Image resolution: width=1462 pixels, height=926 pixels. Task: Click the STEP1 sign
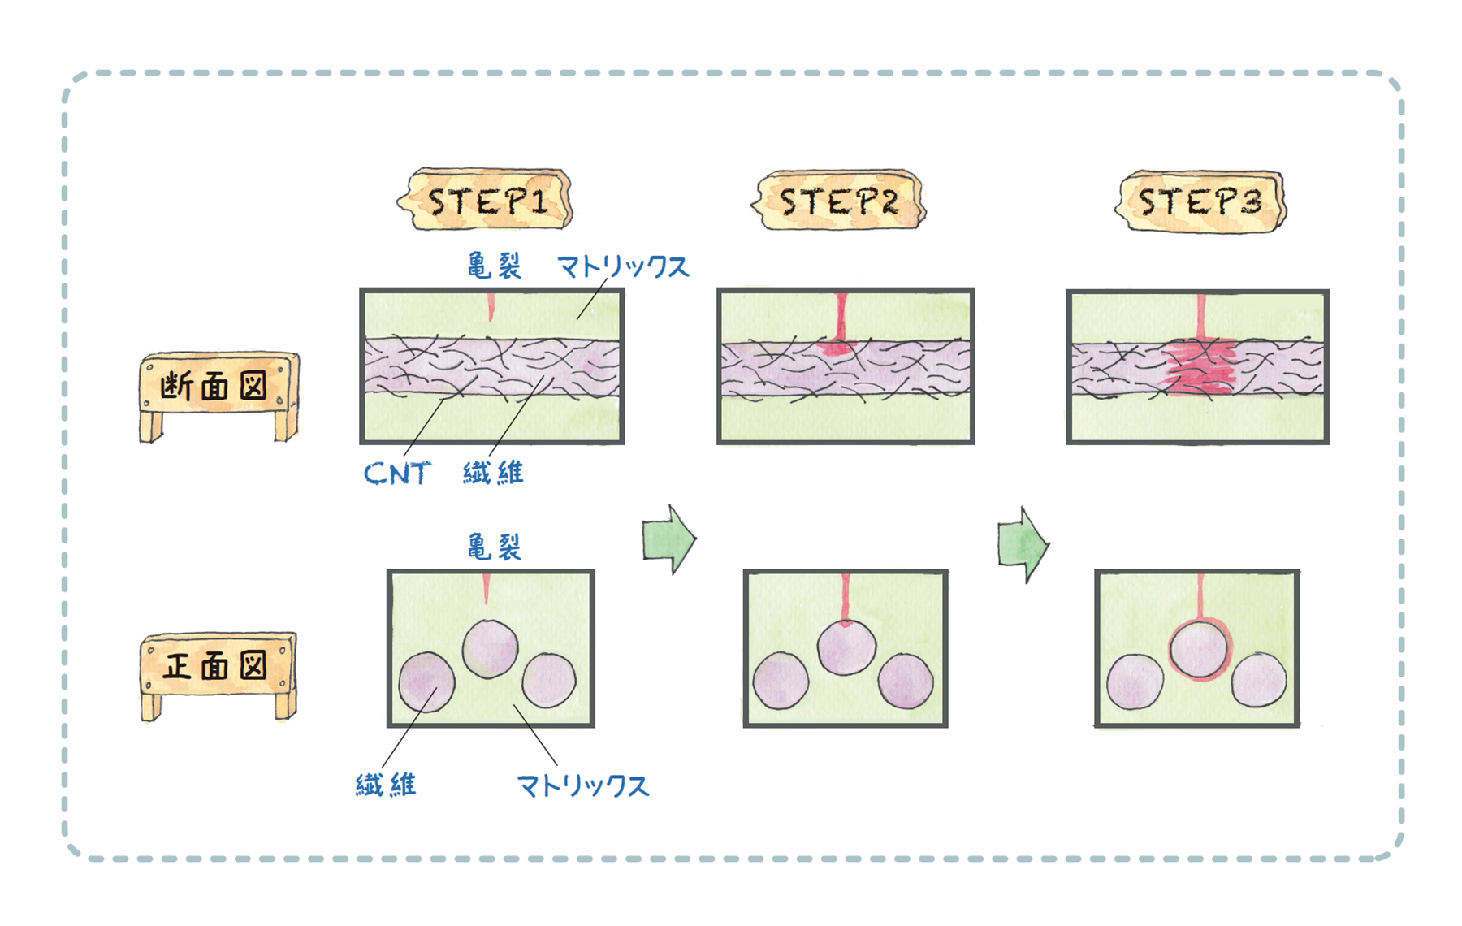[487, 200]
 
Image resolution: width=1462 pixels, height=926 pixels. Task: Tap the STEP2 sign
[840, 200]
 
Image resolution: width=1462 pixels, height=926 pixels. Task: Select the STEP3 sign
[1200, 201]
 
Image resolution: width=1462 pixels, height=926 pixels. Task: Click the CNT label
[396, 473]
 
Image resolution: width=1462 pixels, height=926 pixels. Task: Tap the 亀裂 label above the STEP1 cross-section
[494, 266]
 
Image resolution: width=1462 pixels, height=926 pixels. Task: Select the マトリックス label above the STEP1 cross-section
[623, 266]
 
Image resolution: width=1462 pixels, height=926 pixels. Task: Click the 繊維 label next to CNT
[493, 473]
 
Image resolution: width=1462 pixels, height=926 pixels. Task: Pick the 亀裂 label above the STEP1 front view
[494, 547]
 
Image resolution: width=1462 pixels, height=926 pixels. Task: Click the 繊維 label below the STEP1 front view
[387, 785]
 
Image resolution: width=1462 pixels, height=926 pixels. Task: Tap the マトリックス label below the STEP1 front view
[583, 785]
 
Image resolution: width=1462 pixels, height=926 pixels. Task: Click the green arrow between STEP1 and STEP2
[668, 539]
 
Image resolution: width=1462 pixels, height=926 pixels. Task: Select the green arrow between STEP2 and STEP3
[1023, 544]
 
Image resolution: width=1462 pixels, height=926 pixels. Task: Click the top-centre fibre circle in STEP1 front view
[490, 648]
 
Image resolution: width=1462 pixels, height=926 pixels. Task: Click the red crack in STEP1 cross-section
[491, 306]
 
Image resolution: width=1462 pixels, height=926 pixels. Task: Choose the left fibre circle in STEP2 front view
[781, 681]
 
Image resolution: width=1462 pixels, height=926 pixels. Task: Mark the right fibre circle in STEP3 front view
[1258, 679]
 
